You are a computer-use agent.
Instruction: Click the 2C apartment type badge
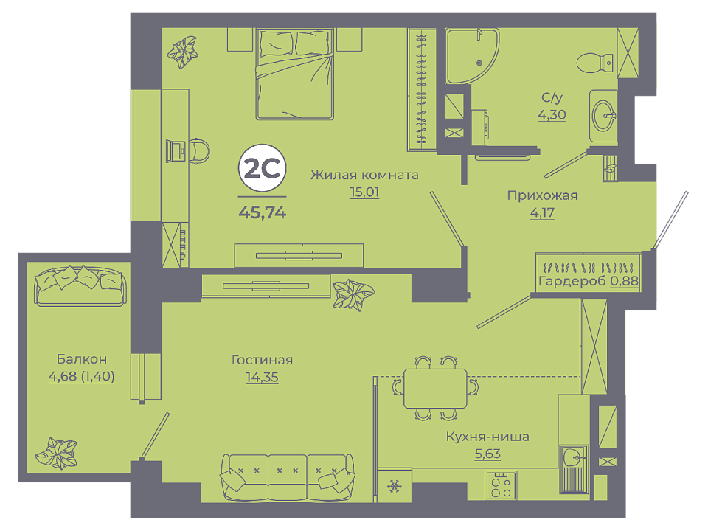click(263, 168)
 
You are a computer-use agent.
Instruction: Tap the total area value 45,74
click(263, 212)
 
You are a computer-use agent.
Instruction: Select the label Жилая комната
click(364, 175)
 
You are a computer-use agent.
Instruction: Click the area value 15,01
click(364, 192)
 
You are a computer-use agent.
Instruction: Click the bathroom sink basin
click(603, 116)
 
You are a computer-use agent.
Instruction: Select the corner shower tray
click(472, 56)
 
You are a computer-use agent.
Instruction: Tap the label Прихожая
click(542, 195)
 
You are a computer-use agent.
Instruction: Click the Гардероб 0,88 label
click(589, 281)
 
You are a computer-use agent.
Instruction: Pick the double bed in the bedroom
click(295, 74)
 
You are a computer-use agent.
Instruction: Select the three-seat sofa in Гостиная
click(288, 477)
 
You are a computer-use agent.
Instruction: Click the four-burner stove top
click(501, 485)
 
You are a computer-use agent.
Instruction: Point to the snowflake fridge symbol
click(394, 486)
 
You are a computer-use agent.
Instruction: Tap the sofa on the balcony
click(80, 286)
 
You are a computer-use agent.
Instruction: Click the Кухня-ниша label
click(487, 437)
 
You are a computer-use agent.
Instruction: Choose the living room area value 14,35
click(262, 377)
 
